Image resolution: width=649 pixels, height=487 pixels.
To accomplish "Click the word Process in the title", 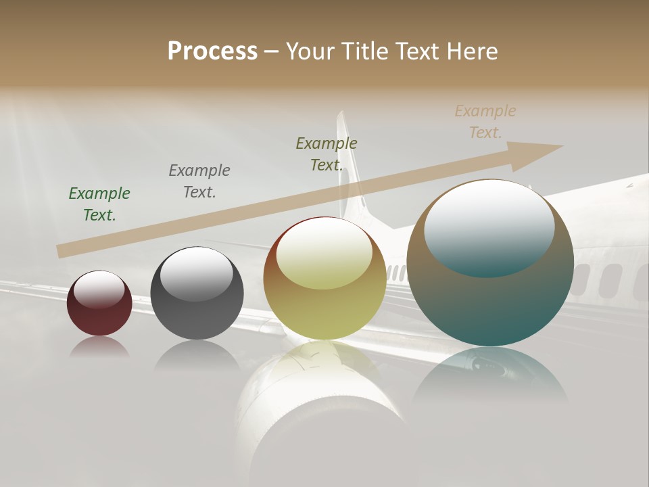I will [212, 51].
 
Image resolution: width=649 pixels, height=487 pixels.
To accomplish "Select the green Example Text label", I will [99, 204].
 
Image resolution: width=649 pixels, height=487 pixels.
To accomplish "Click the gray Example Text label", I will [199, 181].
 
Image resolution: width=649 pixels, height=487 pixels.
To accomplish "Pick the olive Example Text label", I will [327, 154].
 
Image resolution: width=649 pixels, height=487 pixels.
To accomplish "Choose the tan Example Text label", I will [485, 121].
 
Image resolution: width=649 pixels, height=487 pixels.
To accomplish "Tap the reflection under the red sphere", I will [99, 348].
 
